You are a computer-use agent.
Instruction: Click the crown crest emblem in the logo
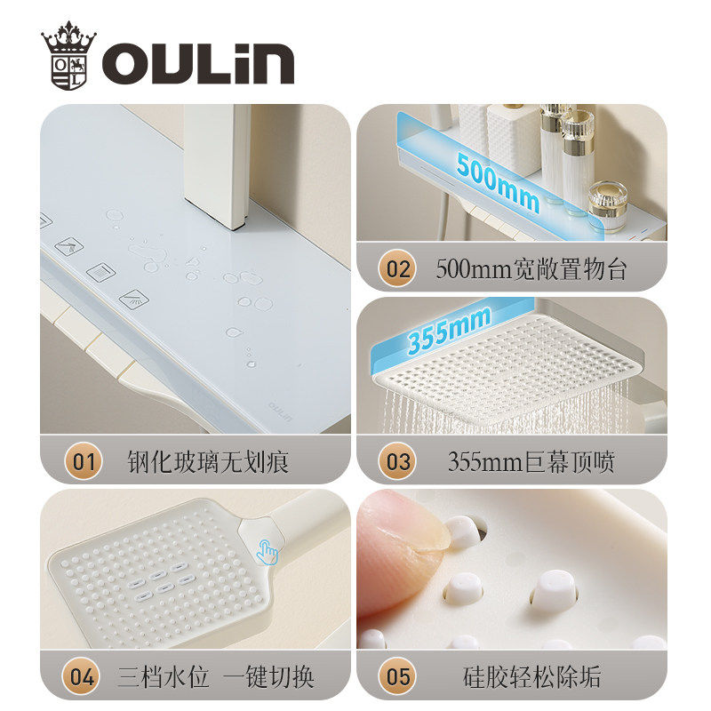(69, 56)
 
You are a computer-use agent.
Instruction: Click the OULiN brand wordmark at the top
(197, 63)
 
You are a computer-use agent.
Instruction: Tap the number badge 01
(83, 461)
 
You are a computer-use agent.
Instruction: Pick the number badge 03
(397, 461)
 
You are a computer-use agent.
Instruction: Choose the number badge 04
(82, 676)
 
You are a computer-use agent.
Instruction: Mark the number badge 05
(397, 676)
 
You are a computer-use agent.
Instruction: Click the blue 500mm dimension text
(498, 182)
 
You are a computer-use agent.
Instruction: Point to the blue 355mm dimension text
(449, 329)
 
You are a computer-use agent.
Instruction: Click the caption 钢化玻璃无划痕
(208, 462)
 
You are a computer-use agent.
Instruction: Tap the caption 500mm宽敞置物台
(531, 269)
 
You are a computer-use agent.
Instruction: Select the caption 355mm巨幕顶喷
(531, 462)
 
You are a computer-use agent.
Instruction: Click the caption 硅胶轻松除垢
(531, 677)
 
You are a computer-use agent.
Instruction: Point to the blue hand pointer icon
(268, 552)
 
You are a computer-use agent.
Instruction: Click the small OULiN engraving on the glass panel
(280, 411)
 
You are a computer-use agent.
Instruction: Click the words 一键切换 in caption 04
(268, 677)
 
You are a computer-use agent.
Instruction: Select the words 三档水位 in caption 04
(164, 677)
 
